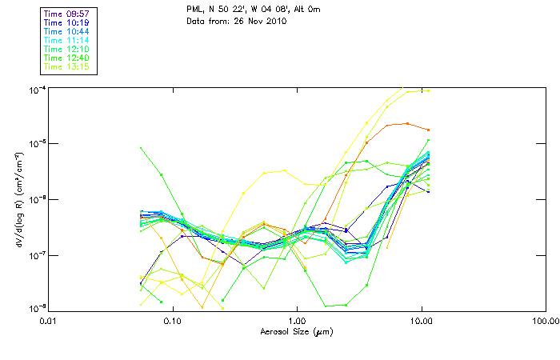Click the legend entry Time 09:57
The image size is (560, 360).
point(66,14)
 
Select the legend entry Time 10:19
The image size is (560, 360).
point(66,23)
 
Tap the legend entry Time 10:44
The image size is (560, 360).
point(66,32)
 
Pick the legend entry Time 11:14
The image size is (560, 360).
point(66,41)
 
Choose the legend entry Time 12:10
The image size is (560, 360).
point(66,50)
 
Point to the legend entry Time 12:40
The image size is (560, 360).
point(66,58)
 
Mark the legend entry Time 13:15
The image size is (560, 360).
point(66,67)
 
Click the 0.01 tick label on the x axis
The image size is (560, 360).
point(48,320)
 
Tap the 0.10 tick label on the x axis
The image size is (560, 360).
point(173,320)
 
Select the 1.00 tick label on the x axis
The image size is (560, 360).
point(297,320)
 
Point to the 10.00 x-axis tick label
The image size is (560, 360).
point(422,320)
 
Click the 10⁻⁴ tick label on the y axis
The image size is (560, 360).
point(37,88)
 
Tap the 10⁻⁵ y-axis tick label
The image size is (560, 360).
point(37,143)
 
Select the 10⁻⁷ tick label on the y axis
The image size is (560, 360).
point(37,254)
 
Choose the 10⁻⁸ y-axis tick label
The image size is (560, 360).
point(37,308)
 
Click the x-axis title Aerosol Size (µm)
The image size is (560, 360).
point(297,330)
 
